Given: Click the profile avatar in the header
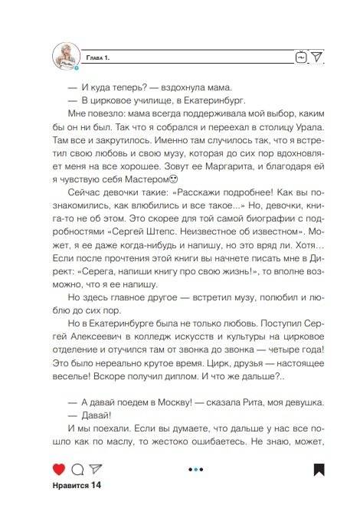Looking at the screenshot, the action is coord(67,56).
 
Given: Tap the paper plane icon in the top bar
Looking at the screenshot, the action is coord(317,56).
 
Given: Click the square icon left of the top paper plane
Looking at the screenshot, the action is coord(300,57).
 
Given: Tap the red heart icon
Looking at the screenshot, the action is coord(59,469).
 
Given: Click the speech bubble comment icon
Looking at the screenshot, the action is coord(77,469).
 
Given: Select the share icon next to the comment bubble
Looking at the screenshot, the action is coord(96,469).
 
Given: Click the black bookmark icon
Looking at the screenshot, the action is coord(319,469).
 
